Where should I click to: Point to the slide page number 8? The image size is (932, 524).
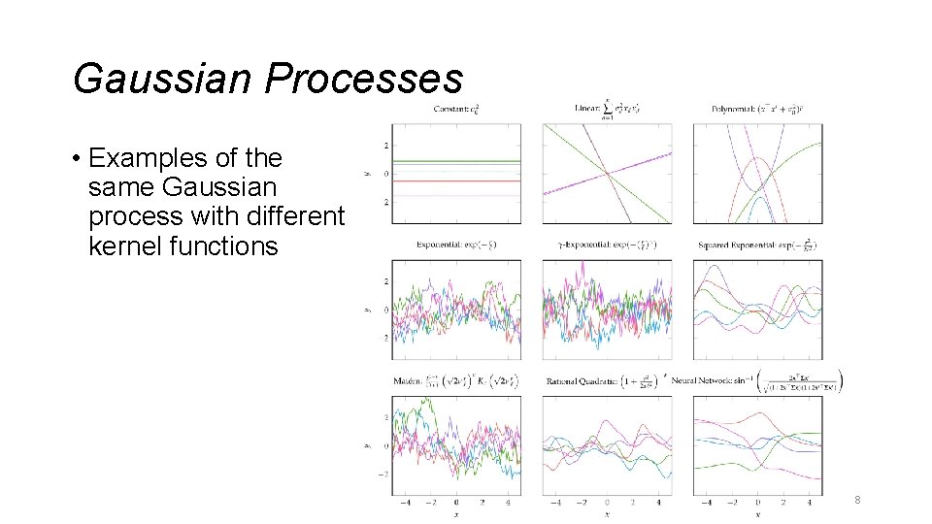[857, 500]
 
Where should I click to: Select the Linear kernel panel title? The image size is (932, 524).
[608, 108]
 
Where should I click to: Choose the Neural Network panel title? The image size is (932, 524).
[757, 381]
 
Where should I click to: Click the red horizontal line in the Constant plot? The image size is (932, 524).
[455, 180]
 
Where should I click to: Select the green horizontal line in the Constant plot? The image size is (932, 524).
[455, 161]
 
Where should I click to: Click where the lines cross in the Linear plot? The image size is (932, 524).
[608, 174]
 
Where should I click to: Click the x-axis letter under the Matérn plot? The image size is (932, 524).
[456, 514]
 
